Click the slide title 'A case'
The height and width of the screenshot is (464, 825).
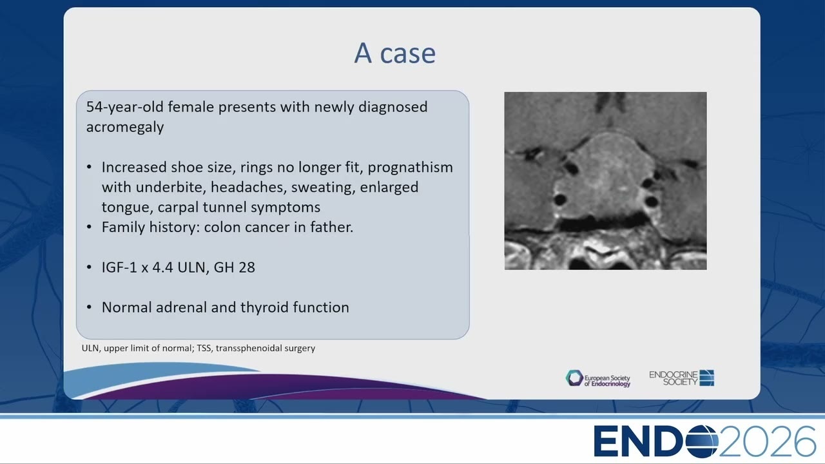(395, 53)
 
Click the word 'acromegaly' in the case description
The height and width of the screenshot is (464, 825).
(125, 128)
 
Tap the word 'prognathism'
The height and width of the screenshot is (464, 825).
(411, 168)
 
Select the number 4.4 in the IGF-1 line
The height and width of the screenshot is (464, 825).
(163, 267)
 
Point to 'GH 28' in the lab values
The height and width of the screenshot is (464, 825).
(234, 267)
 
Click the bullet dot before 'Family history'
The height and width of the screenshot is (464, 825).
(89, 227)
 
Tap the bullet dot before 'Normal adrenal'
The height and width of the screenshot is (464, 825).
(89, 307)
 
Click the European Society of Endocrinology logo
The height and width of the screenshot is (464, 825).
(598, 378)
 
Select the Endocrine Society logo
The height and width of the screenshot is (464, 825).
(682, 378)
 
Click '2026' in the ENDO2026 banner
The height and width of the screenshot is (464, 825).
(767, 441)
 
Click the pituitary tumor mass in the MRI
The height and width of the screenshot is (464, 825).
(604, 177)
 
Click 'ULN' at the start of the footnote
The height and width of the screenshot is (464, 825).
(90, 348)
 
